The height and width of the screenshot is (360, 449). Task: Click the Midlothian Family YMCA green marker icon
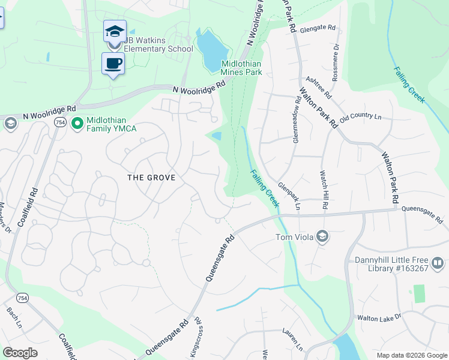pyautogui.click(x=77, y=123)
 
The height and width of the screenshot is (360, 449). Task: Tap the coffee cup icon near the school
pyautogui.click(x=112, y=62)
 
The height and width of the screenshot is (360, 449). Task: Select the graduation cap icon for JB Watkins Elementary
pyautogui.click(x=115, y=30)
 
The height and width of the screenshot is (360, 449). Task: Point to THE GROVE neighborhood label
pyautogui.click(x=151, y=178)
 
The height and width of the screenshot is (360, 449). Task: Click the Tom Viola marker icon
pyautogui.click(x=322, y=236)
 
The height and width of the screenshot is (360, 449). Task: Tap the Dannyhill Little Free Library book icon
pyautogui.click(x=437, y=263)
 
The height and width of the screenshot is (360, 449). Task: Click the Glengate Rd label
pyautogui.click(x=318, y=28)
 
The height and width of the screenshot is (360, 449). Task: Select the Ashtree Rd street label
pyautogui.click(x=318, y=87)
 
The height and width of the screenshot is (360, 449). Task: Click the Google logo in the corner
pyautogui.click(x=20, y=353)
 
